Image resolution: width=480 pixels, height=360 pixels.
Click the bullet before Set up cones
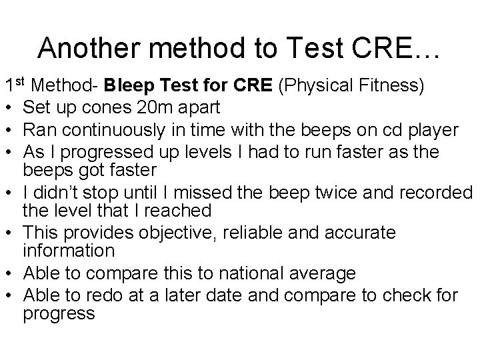[9, 107]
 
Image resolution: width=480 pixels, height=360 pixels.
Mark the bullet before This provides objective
[9, 233]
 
